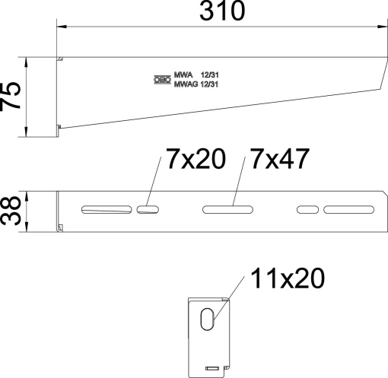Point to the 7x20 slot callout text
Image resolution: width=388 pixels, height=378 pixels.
click(193, 160)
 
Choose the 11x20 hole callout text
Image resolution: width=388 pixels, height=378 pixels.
click(286, 280)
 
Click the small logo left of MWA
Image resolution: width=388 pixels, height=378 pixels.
click(161, 79)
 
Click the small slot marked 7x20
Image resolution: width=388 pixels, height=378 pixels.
click(148, 208)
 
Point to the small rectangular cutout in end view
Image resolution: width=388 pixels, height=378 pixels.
click(212, 369)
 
